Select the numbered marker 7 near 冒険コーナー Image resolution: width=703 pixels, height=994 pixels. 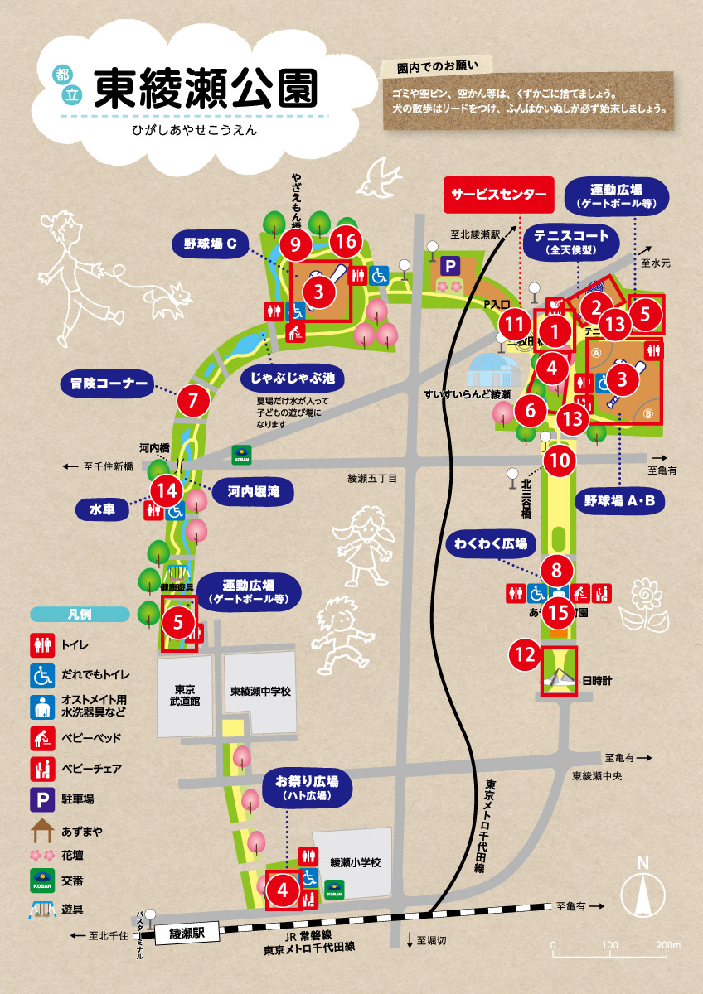pos(193,401)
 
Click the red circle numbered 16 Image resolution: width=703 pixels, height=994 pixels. pos(347,243)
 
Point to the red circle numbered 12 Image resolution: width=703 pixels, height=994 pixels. pos(526,655)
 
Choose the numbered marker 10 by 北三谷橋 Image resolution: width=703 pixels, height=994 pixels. pos(561,460)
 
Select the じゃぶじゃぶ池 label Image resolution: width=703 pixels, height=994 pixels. pos(293,379)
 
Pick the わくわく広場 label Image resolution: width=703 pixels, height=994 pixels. pos(491,544)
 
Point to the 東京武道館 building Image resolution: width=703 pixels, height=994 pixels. pos(184,695)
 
